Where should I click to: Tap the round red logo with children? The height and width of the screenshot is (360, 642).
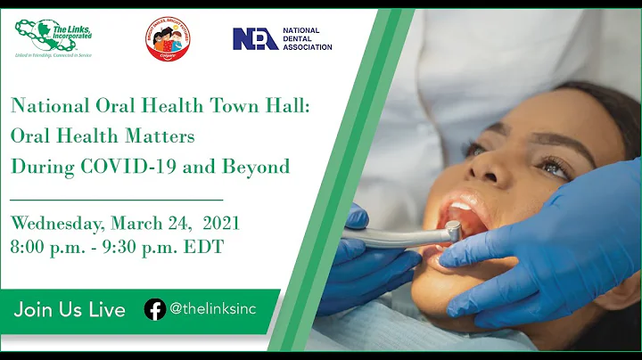(169, 38)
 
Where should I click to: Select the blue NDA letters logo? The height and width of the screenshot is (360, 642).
(255, 38)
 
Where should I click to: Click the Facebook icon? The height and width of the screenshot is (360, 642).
(154, 309)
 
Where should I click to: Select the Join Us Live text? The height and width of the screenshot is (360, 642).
(70, 309)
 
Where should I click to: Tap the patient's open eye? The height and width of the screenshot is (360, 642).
(554, 167)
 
